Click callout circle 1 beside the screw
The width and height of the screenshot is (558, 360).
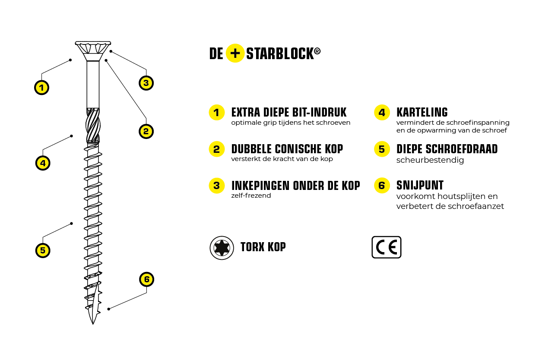(x=41, y=88)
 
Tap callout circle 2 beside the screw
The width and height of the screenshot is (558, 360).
(x=146, y=131)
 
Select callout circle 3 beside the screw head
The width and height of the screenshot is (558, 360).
(x=146, y=83)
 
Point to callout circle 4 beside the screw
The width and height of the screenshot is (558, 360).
(x=43, y=163)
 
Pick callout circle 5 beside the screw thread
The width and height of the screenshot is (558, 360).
(x=43, y=250)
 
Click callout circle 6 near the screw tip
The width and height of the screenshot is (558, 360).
(x=146, y=279)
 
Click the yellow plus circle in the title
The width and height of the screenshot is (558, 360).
(x=235, y=53)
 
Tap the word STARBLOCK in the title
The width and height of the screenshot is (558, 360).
(x=280, y=54)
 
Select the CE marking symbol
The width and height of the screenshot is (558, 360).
(x=387, y=247)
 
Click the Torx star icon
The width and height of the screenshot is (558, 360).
(x=222, y=248)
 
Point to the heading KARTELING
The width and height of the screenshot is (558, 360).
(x=422, y=112)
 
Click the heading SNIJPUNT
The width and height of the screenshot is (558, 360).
(x=420, y=185)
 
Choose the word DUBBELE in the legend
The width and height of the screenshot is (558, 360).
(x=251, y=149)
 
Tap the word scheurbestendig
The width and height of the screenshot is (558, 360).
(x=430, y=160)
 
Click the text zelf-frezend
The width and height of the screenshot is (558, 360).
(x=251, y=196)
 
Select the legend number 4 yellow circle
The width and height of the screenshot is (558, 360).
(x=382, y=113)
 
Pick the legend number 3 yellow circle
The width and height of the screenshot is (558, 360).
(x=217, y=186)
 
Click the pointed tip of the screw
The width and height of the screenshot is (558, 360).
(x=93, y=324)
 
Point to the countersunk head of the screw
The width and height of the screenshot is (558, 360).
(x=93, y=51)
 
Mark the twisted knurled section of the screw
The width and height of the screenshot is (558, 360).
(x=93, y=125)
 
